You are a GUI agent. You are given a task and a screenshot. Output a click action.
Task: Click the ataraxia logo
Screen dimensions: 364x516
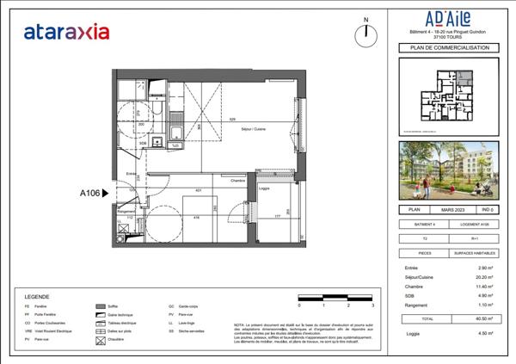pos(66,33)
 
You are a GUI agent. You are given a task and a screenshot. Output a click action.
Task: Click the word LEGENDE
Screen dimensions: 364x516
pos(36,294)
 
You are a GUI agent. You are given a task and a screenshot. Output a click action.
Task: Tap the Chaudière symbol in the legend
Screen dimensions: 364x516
pos(100,342)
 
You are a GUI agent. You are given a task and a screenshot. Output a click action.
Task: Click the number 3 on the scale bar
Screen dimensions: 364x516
pos(372,305)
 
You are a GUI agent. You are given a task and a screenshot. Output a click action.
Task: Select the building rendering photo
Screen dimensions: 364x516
pos(444,170)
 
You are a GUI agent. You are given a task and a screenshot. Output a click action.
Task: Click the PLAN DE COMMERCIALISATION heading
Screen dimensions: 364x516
pos(444,48)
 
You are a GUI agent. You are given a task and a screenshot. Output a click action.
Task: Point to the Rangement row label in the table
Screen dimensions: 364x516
pos(414,305)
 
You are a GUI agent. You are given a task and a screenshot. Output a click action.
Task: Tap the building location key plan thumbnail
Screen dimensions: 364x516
pos(444,98)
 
